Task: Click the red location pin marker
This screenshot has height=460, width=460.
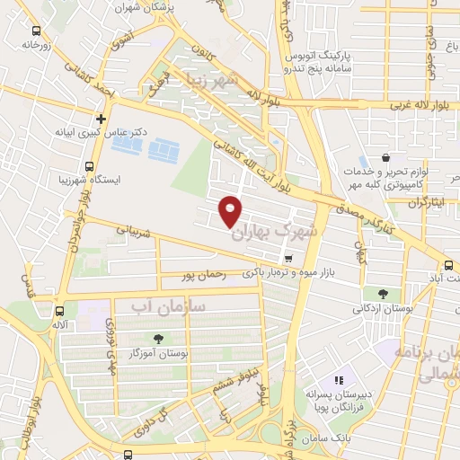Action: pyautogui.click(x=231, y=211)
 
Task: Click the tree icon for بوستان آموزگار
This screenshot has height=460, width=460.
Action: pyautogui.click(x=159, y=339)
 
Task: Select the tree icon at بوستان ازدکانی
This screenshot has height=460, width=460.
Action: pyautogui.click(x=384, y=294)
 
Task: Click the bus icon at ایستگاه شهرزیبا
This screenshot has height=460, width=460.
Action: pyautogui.click(x=88, y=165)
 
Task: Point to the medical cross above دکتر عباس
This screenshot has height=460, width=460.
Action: pyautogui.click(x=101, y=118)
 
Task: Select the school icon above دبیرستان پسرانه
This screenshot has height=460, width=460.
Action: pyautogui.click(x=339, y=382)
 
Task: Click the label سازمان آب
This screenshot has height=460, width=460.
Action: pyautogui.click(x=169, y=307)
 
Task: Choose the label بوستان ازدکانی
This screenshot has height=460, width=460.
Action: pyautogui.click(x=383, y=310)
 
